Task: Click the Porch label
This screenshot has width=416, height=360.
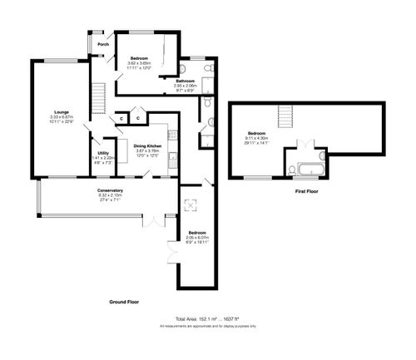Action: pos(103,44)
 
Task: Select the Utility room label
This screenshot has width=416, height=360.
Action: pos(103,154)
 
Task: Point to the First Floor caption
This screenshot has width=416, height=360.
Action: pos(307,191)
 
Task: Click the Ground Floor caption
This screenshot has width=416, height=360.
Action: pos(123,302)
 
